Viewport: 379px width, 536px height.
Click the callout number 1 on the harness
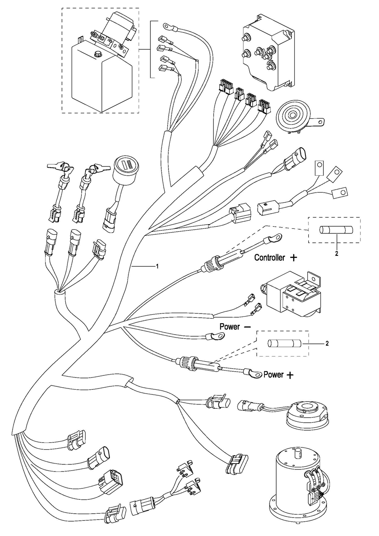tap(157, 266)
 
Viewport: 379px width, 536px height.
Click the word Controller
tap(270, 257)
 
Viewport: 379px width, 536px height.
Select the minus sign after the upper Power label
tap(248, 327)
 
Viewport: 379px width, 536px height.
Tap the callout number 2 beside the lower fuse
tap(327, 343)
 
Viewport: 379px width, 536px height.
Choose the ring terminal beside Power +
tap(254, 373)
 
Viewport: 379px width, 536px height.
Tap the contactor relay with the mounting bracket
tap(291, 295)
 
